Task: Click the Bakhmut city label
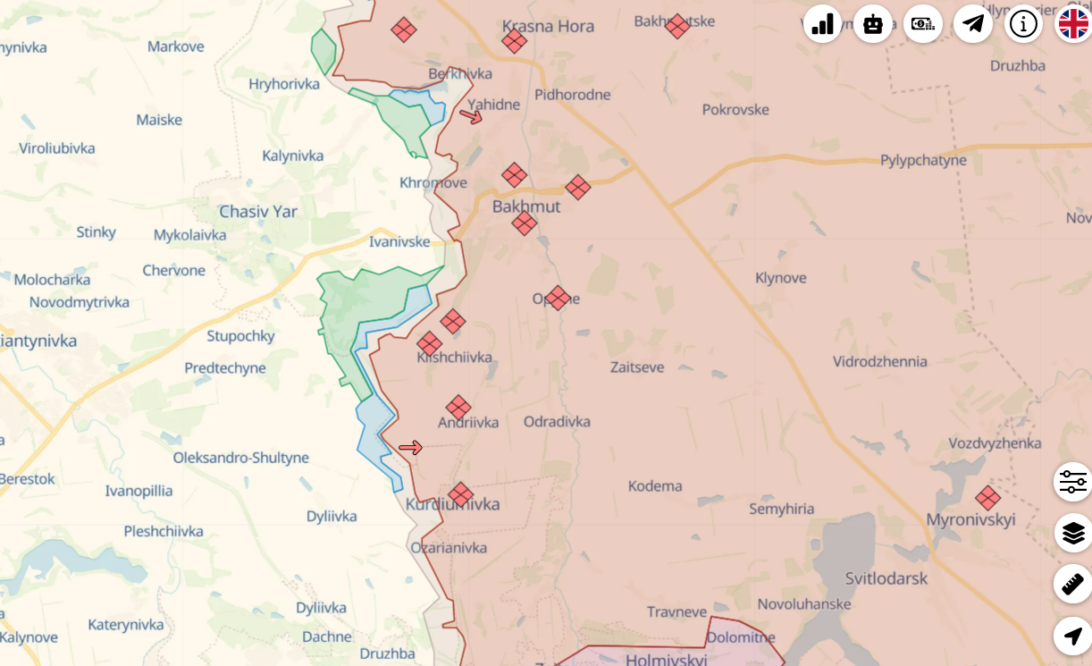pos(526,207)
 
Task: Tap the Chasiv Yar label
pos(258,212)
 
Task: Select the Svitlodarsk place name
pos(886,578)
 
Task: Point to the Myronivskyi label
pos(970,519)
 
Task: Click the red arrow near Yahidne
pos(471,115)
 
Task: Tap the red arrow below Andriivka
pos(410,447)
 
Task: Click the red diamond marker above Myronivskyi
pos(987,498)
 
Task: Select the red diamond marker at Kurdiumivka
pos(460,494)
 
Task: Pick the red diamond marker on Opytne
pos(558,298)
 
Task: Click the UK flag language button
pos(1073,24)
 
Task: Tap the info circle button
pos(1023,24)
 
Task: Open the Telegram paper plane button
pos(973,24)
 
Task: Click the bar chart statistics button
pos(822,24)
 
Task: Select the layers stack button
pos(1072,534)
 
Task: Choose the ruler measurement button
pos(1072,585)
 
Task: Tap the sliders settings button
pos(1072,483)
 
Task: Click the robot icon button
pos(872,24)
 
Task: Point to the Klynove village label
pos(780,278)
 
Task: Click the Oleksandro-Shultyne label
pos(240,458)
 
